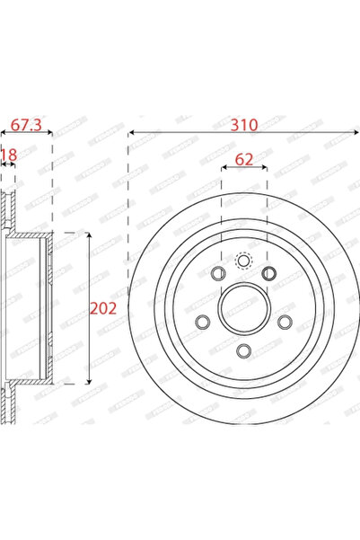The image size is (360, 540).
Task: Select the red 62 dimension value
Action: tap(243, 160)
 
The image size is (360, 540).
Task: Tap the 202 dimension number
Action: tap(104, 308)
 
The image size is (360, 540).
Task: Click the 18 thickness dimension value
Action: tap(9, 155)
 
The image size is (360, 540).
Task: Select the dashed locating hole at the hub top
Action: tap(243, 261)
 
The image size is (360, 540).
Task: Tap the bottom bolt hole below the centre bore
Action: tap(243, 353)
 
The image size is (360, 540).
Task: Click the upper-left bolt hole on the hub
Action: tap(218, 275)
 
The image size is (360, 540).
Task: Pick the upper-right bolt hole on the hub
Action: tap(268, 275)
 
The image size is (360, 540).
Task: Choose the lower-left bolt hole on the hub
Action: tap(203, 322)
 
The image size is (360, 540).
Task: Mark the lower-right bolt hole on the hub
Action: tap(284, 322)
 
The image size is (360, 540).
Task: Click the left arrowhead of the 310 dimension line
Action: tap(132, 133)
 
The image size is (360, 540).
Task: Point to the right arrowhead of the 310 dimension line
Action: tap(355, 133)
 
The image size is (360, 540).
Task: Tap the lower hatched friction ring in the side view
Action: tap(9, 404)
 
